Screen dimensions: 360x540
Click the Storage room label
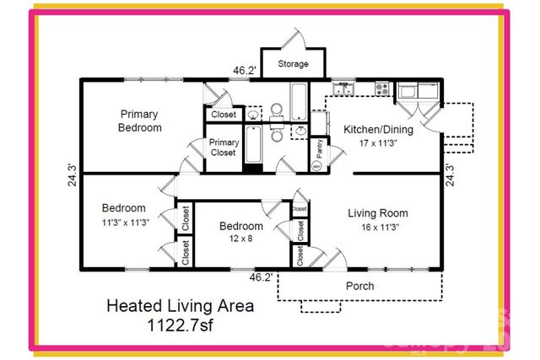tap(293, 64)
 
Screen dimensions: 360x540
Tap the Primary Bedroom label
tap(141, 121)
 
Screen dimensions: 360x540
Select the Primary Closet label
tap(224, 148)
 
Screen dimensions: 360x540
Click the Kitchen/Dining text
tap(377, 129)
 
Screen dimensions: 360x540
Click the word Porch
tap(360, 286)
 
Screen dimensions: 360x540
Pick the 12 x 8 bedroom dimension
tap(241, 239)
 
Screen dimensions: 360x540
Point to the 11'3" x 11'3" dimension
tap(124, 223)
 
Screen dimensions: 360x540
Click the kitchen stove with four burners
tap(382, 86)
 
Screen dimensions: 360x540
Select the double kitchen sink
tap(344, 86)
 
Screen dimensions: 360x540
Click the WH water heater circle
tap(317, 166)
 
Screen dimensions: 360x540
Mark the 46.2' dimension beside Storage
tap(245, 72)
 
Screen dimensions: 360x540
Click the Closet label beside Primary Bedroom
tap(224, 115)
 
